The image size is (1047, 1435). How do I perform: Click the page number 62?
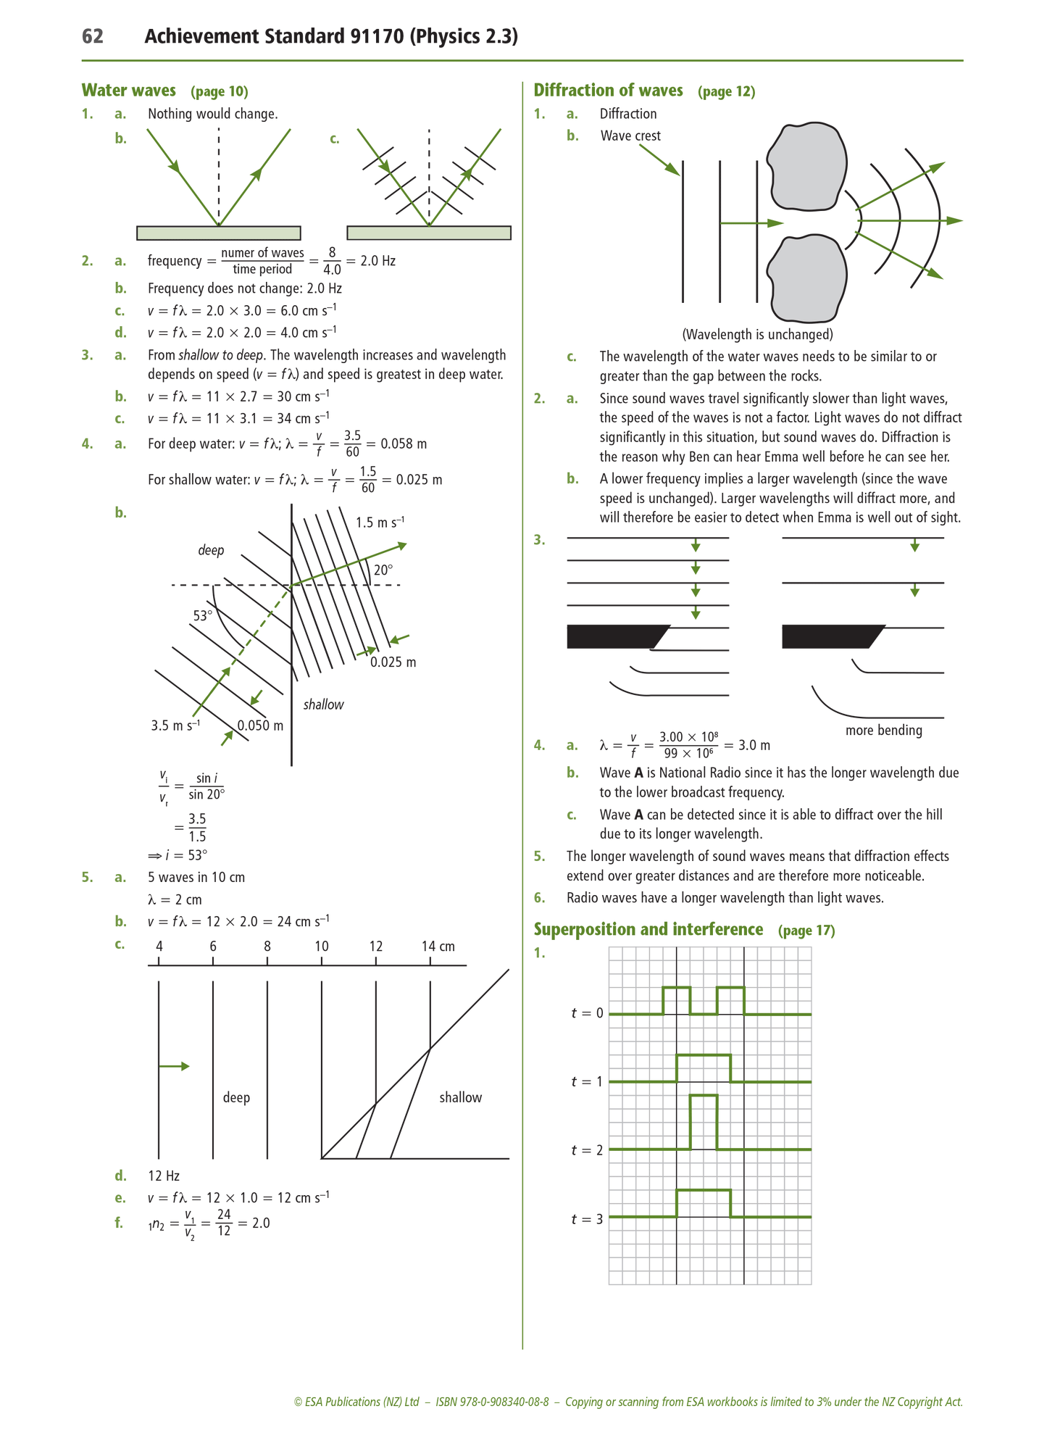93,36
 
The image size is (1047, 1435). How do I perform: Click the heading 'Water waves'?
128,91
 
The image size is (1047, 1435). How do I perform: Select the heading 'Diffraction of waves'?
608,91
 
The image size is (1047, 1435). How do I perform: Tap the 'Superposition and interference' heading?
648,930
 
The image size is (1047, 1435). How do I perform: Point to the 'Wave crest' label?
630,136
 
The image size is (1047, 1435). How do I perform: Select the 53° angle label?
203,616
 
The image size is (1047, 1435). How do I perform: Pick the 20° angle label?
383,570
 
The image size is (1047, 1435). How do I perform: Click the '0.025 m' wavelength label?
393,662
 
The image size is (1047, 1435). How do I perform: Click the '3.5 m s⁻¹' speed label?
175,725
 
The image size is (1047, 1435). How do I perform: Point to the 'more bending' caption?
883,731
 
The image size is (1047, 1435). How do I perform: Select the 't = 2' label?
587,1150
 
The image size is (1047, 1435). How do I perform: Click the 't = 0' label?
587,1013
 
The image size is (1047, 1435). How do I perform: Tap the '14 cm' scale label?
438,947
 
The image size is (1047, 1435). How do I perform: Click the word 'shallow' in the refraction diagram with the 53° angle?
323,704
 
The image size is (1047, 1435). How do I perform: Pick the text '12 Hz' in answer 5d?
164,1176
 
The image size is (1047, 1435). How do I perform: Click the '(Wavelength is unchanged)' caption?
757,335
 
